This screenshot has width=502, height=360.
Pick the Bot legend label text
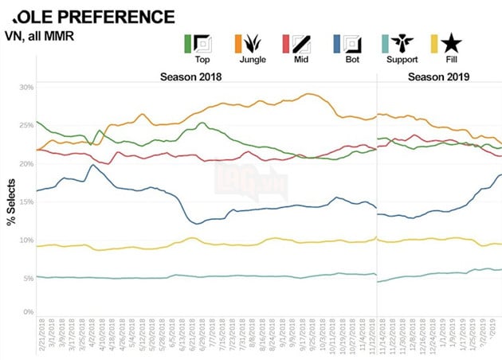click(x=351, y=60)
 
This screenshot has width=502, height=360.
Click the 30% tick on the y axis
click(x=26, y=87)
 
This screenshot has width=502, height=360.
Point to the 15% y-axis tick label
click(x=26, y=202)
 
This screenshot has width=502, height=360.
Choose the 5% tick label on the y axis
click(x=28, y=278)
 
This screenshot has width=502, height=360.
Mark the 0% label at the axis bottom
click(x=28, y=312)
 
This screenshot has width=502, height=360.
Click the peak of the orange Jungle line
click(x=308, y=94)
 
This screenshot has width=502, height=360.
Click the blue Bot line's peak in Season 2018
click(x=93, y=165)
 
